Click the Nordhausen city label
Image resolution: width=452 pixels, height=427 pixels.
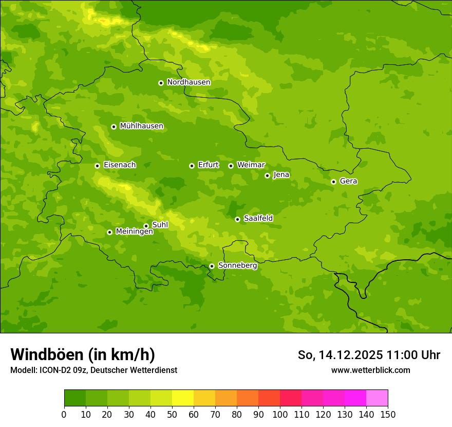tap(189, 82)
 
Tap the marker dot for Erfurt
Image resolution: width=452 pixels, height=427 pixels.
tap(192, 166)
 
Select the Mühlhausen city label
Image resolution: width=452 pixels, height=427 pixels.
tap(141, 126)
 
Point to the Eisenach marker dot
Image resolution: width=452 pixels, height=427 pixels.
tap(97, 166)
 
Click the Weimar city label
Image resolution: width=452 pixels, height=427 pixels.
tap(251, 165)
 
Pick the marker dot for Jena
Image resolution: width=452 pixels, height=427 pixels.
tap(267, 175)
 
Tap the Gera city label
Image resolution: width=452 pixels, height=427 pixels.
tap(348, 181)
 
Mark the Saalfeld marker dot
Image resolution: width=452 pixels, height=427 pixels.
tap(237, 219)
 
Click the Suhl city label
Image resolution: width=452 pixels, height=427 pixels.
tap(160, 225)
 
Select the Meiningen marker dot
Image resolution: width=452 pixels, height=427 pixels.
tap(109, 232)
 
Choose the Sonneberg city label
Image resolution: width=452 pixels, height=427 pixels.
tap(237, 265)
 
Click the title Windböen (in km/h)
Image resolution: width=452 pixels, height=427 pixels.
tap(83, 354)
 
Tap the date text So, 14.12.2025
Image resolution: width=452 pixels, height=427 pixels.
tap(340, 355)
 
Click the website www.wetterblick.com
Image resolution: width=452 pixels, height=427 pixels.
tap(370, 370)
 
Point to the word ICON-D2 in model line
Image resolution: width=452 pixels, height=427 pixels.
tap(53, 370)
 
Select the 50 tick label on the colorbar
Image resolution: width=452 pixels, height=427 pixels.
tap(172, 415)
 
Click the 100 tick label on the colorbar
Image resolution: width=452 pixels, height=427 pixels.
tap(280, 415)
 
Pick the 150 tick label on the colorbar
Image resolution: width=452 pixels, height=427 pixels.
tap(388, 415)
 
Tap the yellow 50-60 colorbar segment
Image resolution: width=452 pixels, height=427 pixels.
tap(183, 398)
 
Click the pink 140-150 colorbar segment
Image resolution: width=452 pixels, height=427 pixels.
tap(377, 398)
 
